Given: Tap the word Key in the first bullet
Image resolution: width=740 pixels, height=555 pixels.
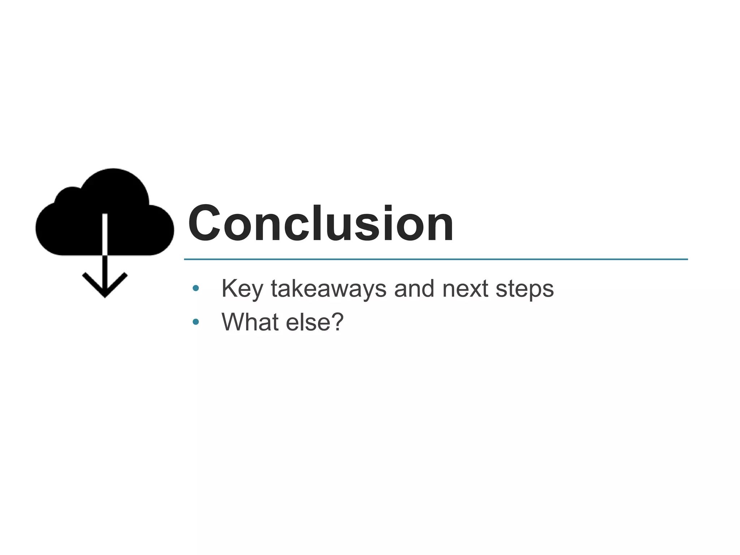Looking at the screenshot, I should click(x=241, y=289).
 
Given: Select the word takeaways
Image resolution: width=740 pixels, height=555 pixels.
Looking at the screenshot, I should click(x=328, y=288).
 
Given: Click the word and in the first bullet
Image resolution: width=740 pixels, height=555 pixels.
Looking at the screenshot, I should click(x=414, y=288).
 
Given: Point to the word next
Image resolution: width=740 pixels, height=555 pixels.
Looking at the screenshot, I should click(x=465, y=289).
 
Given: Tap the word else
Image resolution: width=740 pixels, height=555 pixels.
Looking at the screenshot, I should click(x=307, y=322).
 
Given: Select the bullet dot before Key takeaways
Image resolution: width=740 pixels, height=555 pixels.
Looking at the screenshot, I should click(x=196, y=288).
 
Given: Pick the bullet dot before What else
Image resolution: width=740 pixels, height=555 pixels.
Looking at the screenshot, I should click(x=196, y=322).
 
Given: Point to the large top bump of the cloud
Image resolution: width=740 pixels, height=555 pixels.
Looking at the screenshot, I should click(x=114, y=188).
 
